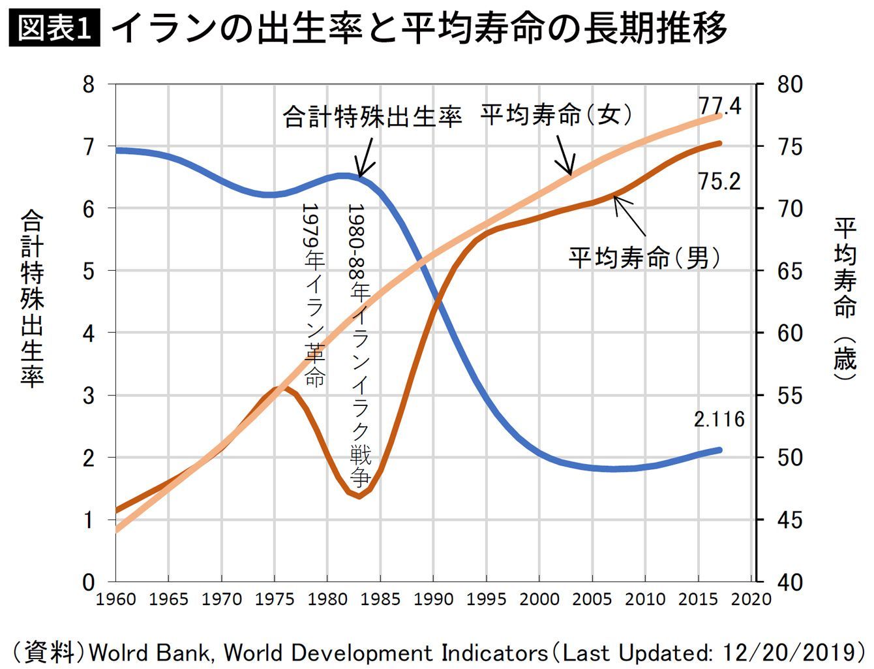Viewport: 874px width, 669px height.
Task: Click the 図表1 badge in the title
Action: (55, 29)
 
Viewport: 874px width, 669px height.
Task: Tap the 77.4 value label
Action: (720, 106)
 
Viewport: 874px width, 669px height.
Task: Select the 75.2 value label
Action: (719, 181)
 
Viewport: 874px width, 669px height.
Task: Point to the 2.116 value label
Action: (719, 419)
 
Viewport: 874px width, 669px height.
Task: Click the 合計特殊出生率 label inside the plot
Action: (372, 117)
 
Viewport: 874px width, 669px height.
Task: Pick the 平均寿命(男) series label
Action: (645, 258)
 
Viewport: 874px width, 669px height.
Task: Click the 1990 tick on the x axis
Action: (434, 599)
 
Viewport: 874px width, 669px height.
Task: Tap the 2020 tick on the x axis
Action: (751, 599)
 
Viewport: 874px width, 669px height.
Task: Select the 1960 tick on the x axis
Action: (116, 599)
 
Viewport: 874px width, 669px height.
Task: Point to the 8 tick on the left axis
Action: (89, 84)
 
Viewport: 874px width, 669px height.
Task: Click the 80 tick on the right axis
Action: (790, 84)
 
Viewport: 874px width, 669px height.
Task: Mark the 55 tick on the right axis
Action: (790, 396)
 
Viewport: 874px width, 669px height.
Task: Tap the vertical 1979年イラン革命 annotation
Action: (314, 294)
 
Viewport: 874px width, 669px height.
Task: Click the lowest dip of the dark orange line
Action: (359, 497)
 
